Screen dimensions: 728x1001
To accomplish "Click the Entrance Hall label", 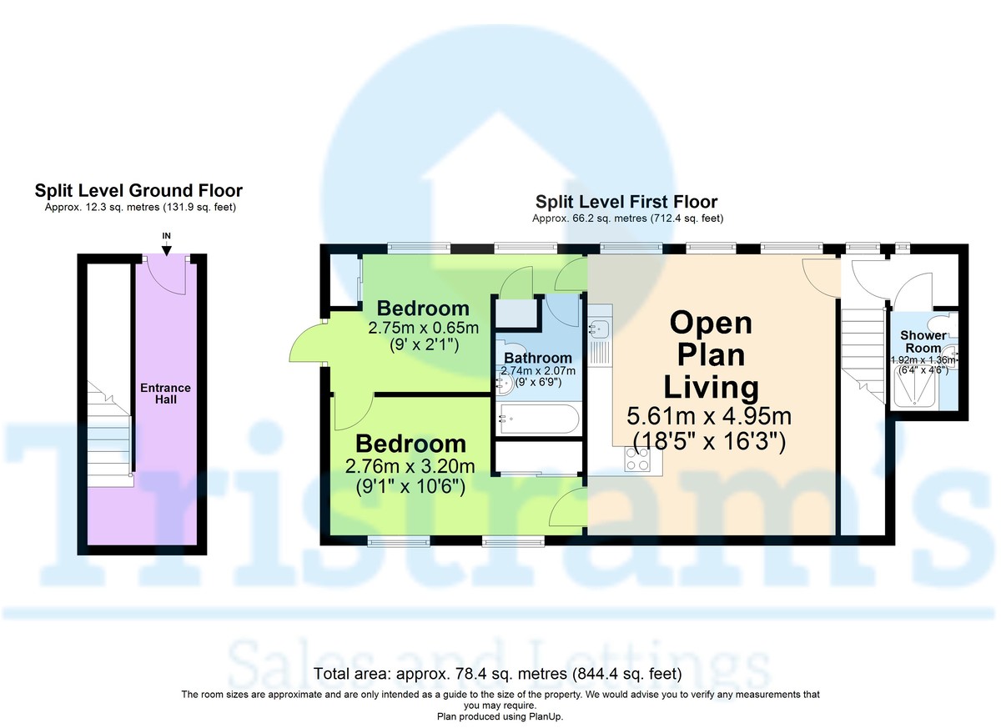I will (x=165, y=394).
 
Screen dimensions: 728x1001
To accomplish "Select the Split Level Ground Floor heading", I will (x=138, y=191).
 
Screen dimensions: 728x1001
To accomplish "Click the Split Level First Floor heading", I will (x=626, y=202).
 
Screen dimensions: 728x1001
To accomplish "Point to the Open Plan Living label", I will (x=711, y=354).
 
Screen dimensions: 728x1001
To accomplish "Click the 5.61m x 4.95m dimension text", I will (x=710, y=415).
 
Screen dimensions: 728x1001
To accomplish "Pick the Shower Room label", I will (x=923, y=341).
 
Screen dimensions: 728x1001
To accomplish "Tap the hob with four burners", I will (x=638, y=459).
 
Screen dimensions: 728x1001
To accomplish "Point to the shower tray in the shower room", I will (x=913, y=389).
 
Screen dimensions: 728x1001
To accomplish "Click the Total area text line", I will (x=499, y=674).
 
